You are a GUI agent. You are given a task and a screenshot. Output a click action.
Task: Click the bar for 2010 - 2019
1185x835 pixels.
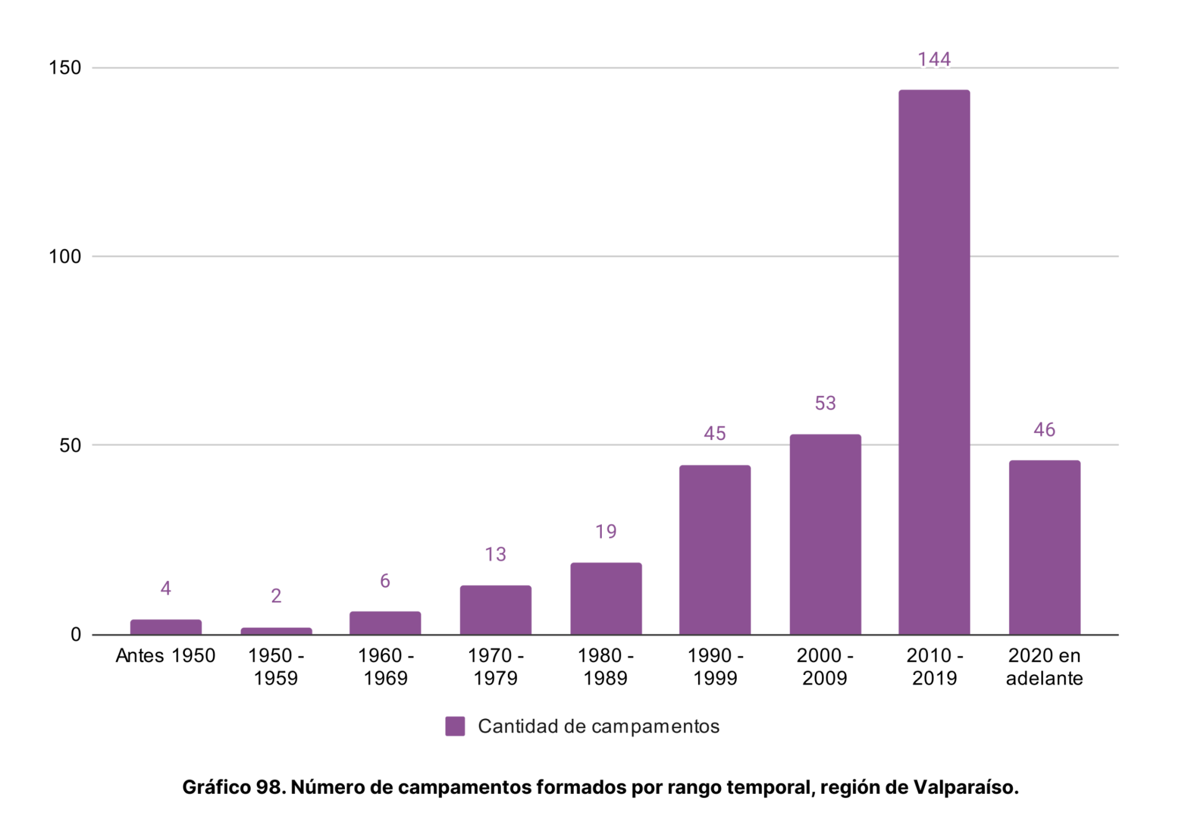pos(934,362)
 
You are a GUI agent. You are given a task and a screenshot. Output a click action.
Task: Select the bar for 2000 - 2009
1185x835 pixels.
pos(825,534)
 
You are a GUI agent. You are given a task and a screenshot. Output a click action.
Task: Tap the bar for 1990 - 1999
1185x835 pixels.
pos(715,550)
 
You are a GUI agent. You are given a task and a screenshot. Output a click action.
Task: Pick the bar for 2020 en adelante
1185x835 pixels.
pos(1044,547)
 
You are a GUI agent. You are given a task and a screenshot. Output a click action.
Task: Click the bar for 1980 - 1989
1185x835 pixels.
pos(606,598)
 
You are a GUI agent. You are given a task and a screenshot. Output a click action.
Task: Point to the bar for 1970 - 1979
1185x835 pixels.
pos(496,610)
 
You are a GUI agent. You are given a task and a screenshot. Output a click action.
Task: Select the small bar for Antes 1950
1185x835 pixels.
pos(166,627)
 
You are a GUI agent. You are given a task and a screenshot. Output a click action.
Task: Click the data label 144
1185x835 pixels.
pos(934,59)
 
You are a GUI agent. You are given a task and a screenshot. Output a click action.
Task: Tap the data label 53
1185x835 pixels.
pos(825,403)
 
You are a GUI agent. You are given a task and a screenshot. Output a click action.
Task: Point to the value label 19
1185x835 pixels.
pos(606,531)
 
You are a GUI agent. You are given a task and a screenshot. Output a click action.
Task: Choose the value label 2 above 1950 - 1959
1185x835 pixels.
pos(276,596)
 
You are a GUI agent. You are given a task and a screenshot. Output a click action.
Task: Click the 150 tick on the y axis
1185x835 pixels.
pos(65,68)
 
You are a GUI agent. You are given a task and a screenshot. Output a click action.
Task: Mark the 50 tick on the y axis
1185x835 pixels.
pos(70,445)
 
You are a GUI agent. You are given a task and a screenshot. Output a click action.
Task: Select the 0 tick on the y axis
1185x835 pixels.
pos(76,634)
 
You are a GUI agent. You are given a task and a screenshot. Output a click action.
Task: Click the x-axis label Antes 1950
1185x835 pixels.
pos(166,656)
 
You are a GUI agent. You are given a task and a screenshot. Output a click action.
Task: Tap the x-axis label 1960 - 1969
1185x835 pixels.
pos(386,667)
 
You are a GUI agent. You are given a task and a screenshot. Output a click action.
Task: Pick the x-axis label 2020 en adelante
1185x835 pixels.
pos(1044,667)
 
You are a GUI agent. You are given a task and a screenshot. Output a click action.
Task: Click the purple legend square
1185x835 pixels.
pos(455,726)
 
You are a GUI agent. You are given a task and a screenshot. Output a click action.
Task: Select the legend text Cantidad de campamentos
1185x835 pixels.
pos(598,726)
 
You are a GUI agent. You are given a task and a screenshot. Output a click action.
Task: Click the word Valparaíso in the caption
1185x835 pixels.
pos(965,787)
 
